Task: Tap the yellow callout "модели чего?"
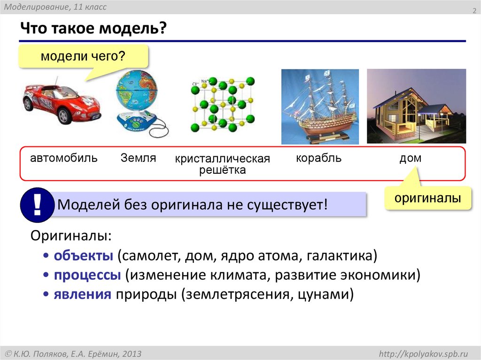point(83,57)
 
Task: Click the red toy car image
point(61,101)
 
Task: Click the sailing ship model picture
point(319,107)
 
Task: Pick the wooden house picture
point(416,107)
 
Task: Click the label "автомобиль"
point(64,158)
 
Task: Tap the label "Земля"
point(138,158)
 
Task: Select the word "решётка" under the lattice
point(223,170)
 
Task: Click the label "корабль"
point(318,158)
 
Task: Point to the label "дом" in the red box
point(410,159)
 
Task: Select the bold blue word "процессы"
point(88,275)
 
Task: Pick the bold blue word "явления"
point(83,295)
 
